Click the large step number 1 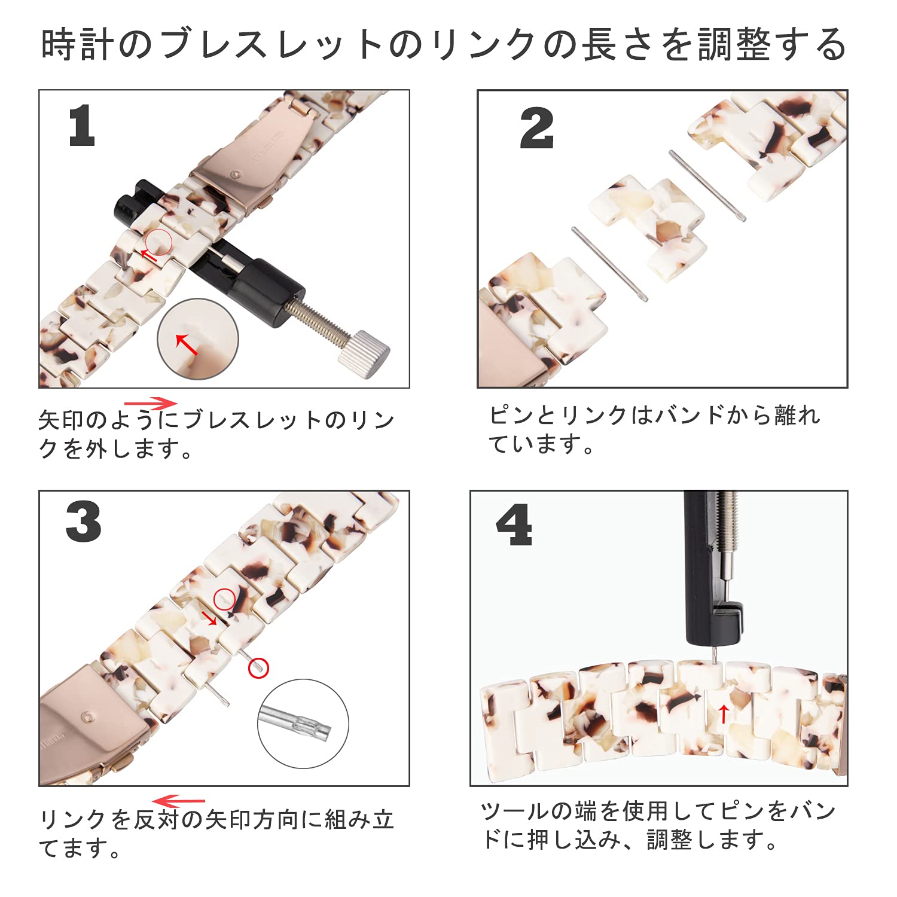click(x=82, y=126)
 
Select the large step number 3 click(x=83, y=522)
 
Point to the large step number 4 click(x=514, y=525)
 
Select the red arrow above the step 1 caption click(x=151, y=403)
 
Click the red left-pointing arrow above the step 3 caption click(x=179, y=801)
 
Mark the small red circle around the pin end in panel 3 click(x=258, y=668)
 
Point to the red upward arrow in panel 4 click(x=724, y=713)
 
